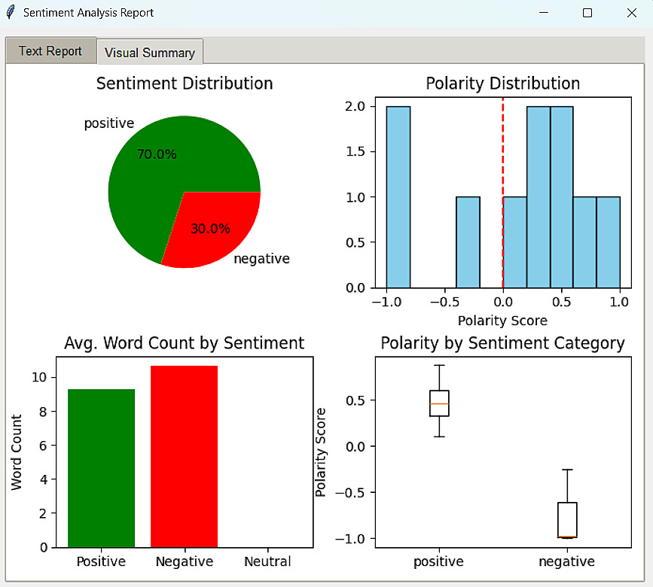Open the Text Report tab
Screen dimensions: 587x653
[50, 51]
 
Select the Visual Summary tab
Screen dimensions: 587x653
[150, 53]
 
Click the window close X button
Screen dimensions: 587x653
[631, 13]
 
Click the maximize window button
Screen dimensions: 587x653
[587, 13]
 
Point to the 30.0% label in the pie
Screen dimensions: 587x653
[210, 229]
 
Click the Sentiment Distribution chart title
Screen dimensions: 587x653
[185, 83]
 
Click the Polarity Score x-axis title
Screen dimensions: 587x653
[502, 321]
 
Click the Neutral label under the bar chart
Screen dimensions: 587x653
[267, 561]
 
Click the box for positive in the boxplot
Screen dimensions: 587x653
[439, 403]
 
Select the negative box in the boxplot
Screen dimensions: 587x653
[567, 519]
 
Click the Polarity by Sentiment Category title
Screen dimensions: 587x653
[502, 343]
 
